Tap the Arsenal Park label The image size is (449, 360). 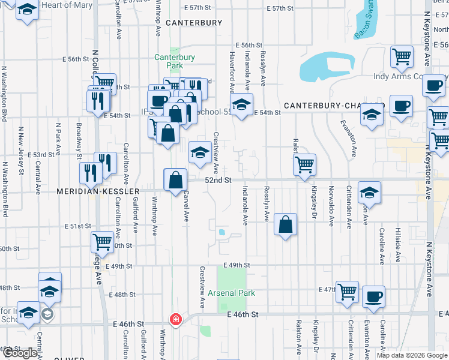click(232, 293)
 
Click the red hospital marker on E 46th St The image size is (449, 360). click(175, 319)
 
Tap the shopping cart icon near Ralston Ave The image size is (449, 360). click(305, 164)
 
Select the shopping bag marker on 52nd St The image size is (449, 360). click(175, 179)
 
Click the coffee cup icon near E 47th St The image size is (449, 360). click(374, 296)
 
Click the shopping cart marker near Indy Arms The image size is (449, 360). click(402, 56)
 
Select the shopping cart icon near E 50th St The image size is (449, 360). click(102, 242)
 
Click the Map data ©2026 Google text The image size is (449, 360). click(412, 355)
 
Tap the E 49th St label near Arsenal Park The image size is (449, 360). click(235, 265)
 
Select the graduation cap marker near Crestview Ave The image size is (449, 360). click(200, 152)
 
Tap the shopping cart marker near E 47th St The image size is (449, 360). click(347, 292)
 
